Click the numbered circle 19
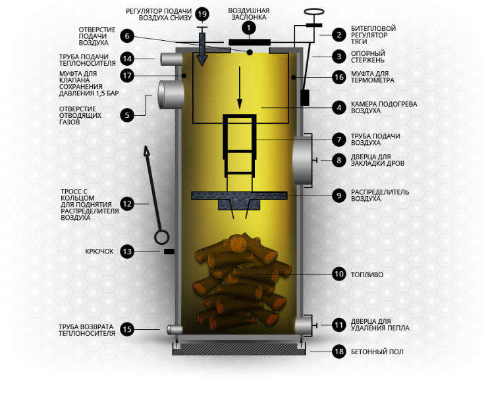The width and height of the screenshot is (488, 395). pyautogui.click(x=202, y=14)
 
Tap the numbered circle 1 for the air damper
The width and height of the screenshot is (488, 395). pyautogui.click(x=249, y=28)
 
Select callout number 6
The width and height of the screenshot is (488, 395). pyautogui.click(x=127, y=36)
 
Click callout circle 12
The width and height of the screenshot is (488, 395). pyautogui.click(x=127, y=204)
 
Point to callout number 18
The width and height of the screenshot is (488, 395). pyautogui.click(x=339, y=352)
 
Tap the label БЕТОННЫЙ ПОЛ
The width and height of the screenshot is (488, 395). pyautogui.click(x=377, y=352)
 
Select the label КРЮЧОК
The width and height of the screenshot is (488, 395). pyautogui.click(x=99, y=251)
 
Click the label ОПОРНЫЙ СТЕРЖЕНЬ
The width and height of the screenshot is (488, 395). pyautogui.click(x=368, y=57)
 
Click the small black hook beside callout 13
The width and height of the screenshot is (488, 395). pyautogui.click(x=169, y=251)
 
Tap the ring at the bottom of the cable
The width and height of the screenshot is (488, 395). pyautogui.click(x=162, y=237)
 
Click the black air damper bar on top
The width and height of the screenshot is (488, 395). pyautogui.click(x=250, y=42)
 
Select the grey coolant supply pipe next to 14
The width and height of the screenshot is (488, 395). pyautogui.click(x=171, y=59)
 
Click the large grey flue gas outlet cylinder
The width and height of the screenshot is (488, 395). pyautogui.click(x=171, y=95)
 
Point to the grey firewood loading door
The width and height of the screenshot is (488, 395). pyautogui.click(x=302, y=161)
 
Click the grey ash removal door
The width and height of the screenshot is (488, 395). pyautogui.click(x=303, y=325)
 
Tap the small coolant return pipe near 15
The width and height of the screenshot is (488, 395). pyautogui.click(x=175, y=329)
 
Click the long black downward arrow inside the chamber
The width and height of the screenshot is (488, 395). pyautogui.click(x=240, y=88)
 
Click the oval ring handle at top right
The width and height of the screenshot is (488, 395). pyautogui.click(x=314, y=12)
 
